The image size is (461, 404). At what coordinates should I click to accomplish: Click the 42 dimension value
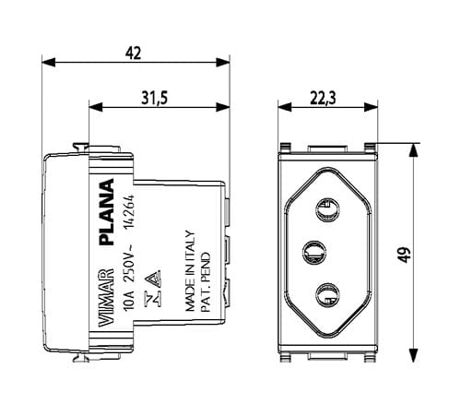(133, 53)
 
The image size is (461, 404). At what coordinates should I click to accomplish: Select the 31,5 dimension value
(155, 98)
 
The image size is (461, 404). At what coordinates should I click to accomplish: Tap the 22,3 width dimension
(323, 98)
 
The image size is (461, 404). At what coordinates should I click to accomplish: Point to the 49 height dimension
(405, 255)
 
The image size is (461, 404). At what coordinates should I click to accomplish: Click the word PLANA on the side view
(107, 211)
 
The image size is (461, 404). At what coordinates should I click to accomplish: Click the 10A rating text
(128, 301)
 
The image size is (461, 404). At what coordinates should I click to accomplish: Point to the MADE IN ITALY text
(190, 270)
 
